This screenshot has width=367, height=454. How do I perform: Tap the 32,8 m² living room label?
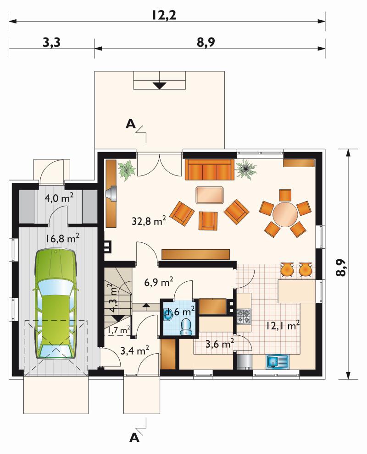pyautogui.click(x=149, y=221)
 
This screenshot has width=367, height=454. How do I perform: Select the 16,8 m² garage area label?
pyautogui.click(x=62, y=239)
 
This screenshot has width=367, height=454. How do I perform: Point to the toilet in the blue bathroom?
pyautogui.click(x=185, y=327)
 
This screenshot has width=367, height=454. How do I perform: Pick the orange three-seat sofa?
pyautogui.click(x=209, y=170)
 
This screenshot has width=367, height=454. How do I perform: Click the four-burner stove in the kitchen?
pyautogui.click(x=244, y=317)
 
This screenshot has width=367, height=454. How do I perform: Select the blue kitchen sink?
pyautogui.click(x=278, y=362)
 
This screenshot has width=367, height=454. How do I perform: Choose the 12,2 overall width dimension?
pyautogui.click(x=164, y=15)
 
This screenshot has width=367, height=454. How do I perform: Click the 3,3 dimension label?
pyautogui.click(x=51, y=43)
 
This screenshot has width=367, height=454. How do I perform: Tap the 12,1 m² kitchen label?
pyautogui.click(x=283, y=326)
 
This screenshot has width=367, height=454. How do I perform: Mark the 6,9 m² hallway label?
pyautogui.click(x=159, y=282)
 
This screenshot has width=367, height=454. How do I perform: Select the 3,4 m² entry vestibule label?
pyautogui.click(x=134, y=351)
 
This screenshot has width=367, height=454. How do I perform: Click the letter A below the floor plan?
pyautogui.click(x=134, y=438)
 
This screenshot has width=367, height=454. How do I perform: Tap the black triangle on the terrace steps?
pyautogui.click(x=160, y=86)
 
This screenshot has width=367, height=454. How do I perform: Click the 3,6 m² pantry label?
pyautogui.click(x=220, y=344)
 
